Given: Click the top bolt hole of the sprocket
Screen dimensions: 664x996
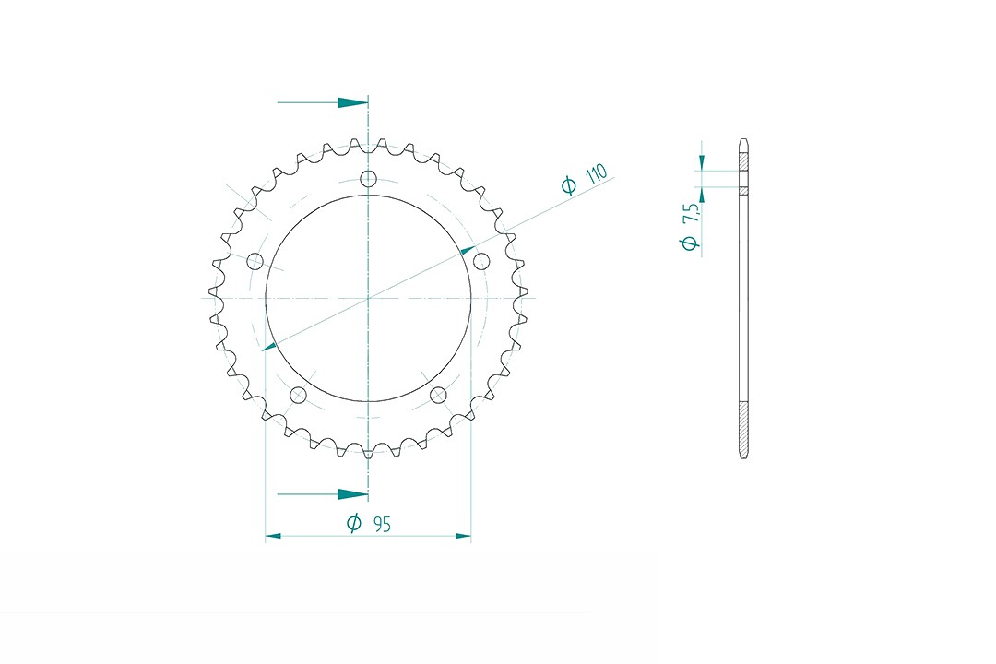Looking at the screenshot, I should [368, 179].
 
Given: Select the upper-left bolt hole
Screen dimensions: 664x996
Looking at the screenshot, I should [255, 262].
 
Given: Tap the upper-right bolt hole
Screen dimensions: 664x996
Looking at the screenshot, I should [480, 262].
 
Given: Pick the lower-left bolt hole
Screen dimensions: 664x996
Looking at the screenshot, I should [298, 396].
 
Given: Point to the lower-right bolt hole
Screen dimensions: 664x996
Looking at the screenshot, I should [438, 396].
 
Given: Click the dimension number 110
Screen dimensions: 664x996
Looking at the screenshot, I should [596, 173].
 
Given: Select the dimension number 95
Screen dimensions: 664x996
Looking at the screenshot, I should [382, 524].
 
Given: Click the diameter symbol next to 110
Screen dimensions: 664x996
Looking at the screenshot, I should [569, 185].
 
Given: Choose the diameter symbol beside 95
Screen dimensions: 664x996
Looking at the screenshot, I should [353, 524].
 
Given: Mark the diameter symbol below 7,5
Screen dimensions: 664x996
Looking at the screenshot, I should [688, 243].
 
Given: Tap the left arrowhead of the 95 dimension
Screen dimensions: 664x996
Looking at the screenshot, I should [273, 535].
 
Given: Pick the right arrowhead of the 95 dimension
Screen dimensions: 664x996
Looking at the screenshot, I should [464, 535].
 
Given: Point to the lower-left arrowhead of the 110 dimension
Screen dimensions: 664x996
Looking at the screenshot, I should [268, 346].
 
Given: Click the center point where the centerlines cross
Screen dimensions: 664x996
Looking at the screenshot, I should [368, 298].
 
